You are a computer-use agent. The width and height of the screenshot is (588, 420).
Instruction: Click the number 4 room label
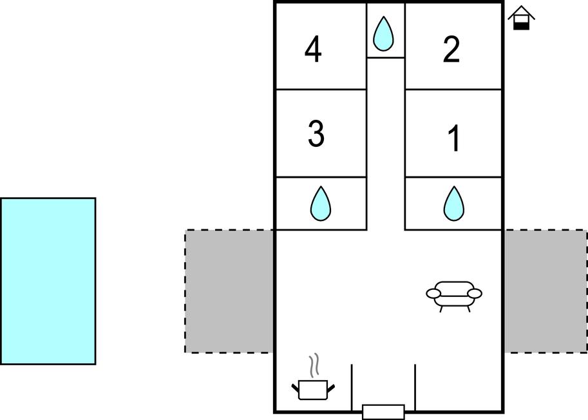313,51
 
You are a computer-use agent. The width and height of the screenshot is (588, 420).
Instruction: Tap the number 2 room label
452,50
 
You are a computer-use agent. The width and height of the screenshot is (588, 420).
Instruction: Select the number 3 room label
316,134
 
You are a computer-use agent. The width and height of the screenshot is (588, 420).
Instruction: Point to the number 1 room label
454,138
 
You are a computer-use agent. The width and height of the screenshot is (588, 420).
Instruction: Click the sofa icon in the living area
454,294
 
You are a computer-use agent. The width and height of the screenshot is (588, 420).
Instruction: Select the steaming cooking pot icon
314,388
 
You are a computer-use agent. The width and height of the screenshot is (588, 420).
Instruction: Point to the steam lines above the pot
314,365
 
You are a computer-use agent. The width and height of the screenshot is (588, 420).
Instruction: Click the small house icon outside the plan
521,18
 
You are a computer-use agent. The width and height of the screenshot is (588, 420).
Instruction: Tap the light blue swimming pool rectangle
48,281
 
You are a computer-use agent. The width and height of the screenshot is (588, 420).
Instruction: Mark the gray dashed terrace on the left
229,291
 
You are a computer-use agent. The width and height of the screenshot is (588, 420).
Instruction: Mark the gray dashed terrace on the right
545,291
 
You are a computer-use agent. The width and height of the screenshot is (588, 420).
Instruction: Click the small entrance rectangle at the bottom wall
383,411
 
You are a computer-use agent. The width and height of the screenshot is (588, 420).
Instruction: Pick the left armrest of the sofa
433,294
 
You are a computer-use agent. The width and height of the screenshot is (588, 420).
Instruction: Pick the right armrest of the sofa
475,294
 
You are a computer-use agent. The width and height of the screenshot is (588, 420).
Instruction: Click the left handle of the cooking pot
296,387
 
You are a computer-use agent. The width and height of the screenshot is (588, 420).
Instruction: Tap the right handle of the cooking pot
331,387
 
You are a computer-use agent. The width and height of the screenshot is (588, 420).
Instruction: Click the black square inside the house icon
522,24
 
